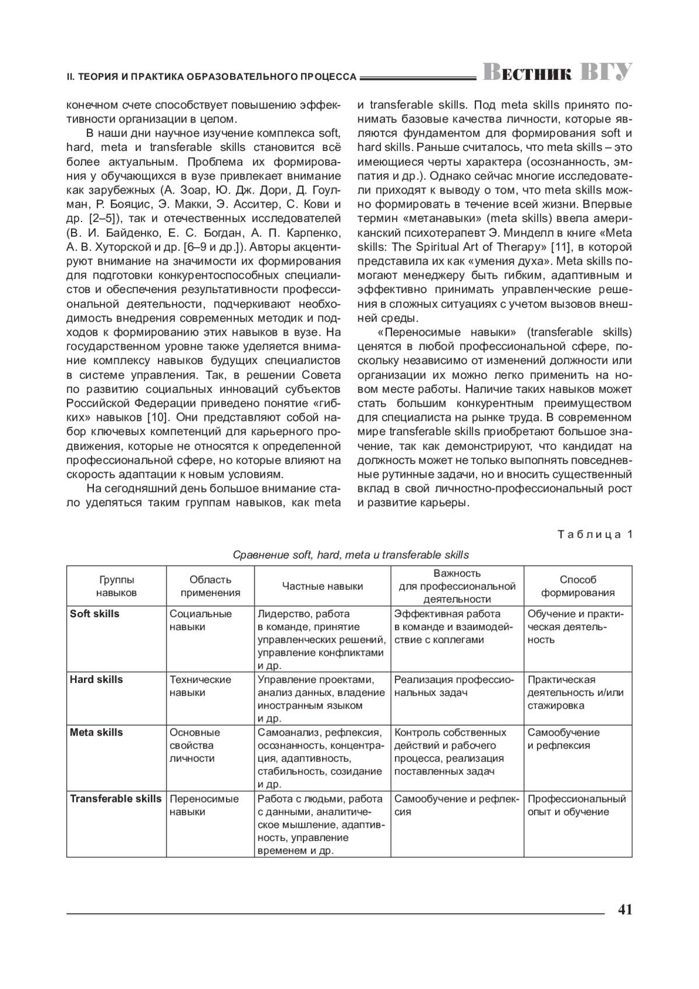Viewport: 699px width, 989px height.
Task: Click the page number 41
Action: tap(624, 910)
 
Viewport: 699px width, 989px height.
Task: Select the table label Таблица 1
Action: tap(595, 534)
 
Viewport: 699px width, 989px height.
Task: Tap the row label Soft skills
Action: tap(94, 614)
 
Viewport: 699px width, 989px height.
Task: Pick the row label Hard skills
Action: tap(96, 680)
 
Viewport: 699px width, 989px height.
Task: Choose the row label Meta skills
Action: tap(96, 733)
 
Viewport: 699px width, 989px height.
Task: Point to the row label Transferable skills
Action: tap(115, 799)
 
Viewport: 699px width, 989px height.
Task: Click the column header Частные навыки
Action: tap(323, 586)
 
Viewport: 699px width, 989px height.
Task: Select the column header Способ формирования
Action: tap(578, 586)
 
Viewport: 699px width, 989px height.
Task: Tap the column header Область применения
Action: tap(210, 586)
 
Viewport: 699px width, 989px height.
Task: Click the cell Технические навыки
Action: tap(200, 686)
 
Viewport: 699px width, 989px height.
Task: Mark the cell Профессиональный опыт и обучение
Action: tap(576, 805)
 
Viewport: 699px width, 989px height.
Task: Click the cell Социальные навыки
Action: tap(200, 620)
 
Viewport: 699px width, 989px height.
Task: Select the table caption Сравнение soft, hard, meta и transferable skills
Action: tap(351, 555)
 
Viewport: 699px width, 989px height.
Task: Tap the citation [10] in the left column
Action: tap(157, 417)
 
